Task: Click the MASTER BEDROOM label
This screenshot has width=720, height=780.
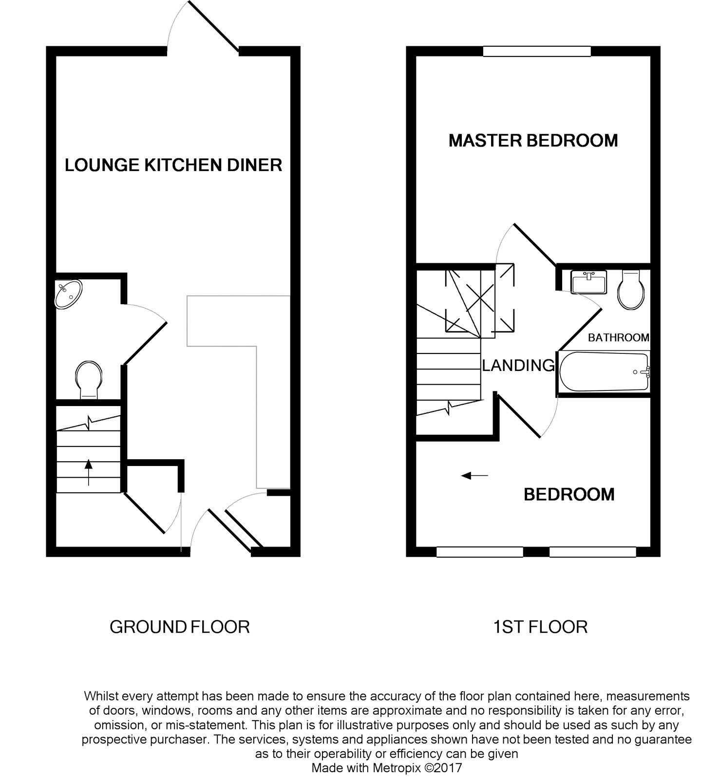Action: (x=533, y=141)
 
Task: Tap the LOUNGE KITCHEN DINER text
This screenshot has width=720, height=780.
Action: (x=173, y=165)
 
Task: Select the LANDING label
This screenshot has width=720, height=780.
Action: (x=518, y=365)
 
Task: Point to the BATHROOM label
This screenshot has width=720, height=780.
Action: (x=618, y=337)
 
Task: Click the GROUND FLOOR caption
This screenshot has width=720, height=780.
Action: (x=179, y=627)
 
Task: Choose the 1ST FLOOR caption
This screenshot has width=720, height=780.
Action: (x=540, y=627)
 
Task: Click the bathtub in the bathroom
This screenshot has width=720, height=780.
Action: (x=605, y=372)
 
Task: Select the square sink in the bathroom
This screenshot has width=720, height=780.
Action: (x=588, y=282)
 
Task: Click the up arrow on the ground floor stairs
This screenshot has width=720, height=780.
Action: (x=88, y=472)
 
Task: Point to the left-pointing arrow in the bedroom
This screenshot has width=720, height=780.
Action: (x=474, y=475)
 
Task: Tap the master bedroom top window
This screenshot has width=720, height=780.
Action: (x=537, y=51)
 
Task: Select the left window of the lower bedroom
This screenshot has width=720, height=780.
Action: (x=479, y=552)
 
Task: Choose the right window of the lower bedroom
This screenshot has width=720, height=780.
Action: (x=593, y=552)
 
